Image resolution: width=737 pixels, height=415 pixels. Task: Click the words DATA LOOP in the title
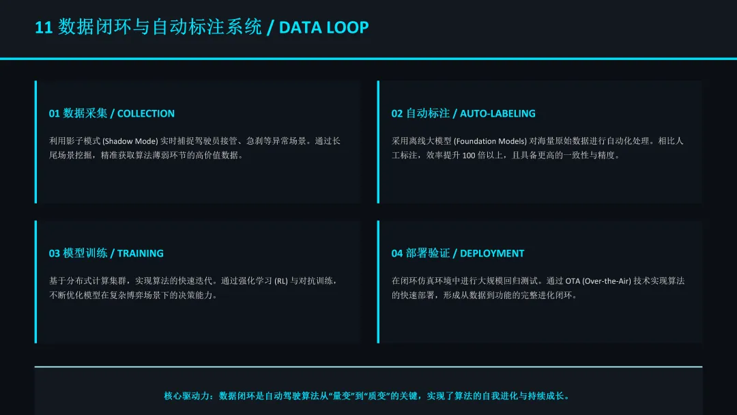tap(324, 27)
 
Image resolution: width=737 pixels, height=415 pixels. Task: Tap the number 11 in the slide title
tap(44, 27)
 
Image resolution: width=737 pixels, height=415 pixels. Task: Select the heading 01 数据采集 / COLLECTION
tap(111, 113)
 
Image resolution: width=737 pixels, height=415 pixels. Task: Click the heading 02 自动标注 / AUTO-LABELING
tap(463, 113)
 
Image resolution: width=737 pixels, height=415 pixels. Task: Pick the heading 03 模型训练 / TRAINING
tap(106, 253)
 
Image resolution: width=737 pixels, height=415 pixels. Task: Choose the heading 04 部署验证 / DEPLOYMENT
tap(458, 253)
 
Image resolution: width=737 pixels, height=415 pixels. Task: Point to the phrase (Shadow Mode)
tap(130, 141)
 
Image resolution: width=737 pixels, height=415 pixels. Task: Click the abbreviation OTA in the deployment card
tap(571, 281)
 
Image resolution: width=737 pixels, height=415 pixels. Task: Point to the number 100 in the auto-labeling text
tap(468, 156)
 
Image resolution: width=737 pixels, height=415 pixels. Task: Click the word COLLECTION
tap(146, 113)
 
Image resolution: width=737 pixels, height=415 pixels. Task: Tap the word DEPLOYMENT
tap(492, 253)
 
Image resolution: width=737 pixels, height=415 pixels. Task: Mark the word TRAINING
tap(141, 253)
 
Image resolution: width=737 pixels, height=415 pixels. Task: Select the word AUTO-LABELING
tap(497, 113)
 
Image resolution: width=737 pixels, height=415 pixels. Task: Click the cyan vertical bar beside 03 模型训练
tap(36, 281)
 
